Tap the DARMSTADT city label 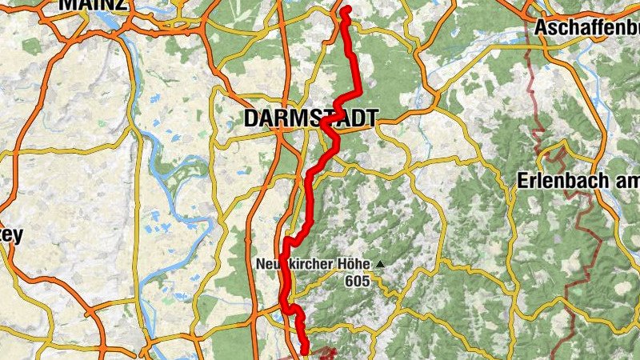click(310, 119)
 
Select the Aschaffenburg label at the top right click(587, 27)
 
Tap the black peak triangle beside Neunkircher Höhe click(382, 263)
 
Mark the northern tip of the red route click(346, 10)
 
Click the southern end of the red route click(305, 350)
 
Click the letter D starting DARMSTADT click(250, 119)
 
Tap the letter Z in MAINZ click(119, 4)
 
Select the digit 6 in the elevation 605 click(350, 281)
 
